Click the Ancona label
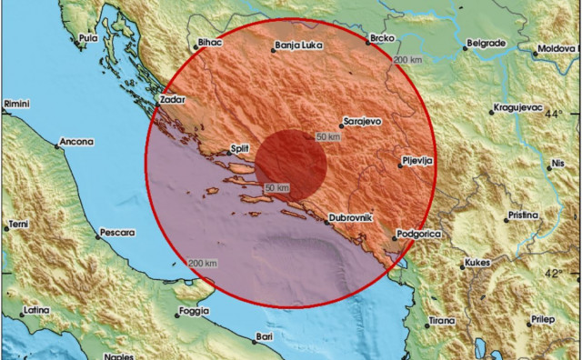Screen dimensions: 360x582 [x=76, y=142]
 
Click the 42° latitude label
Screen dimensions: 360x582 [x=554, y=272]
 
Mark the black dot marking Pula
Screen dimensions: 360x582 [x=75, y=38]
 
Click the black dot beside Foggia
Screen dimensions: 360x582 [x=175, y=313]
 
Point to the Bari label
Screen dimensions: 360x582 [x=265, y=336]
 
